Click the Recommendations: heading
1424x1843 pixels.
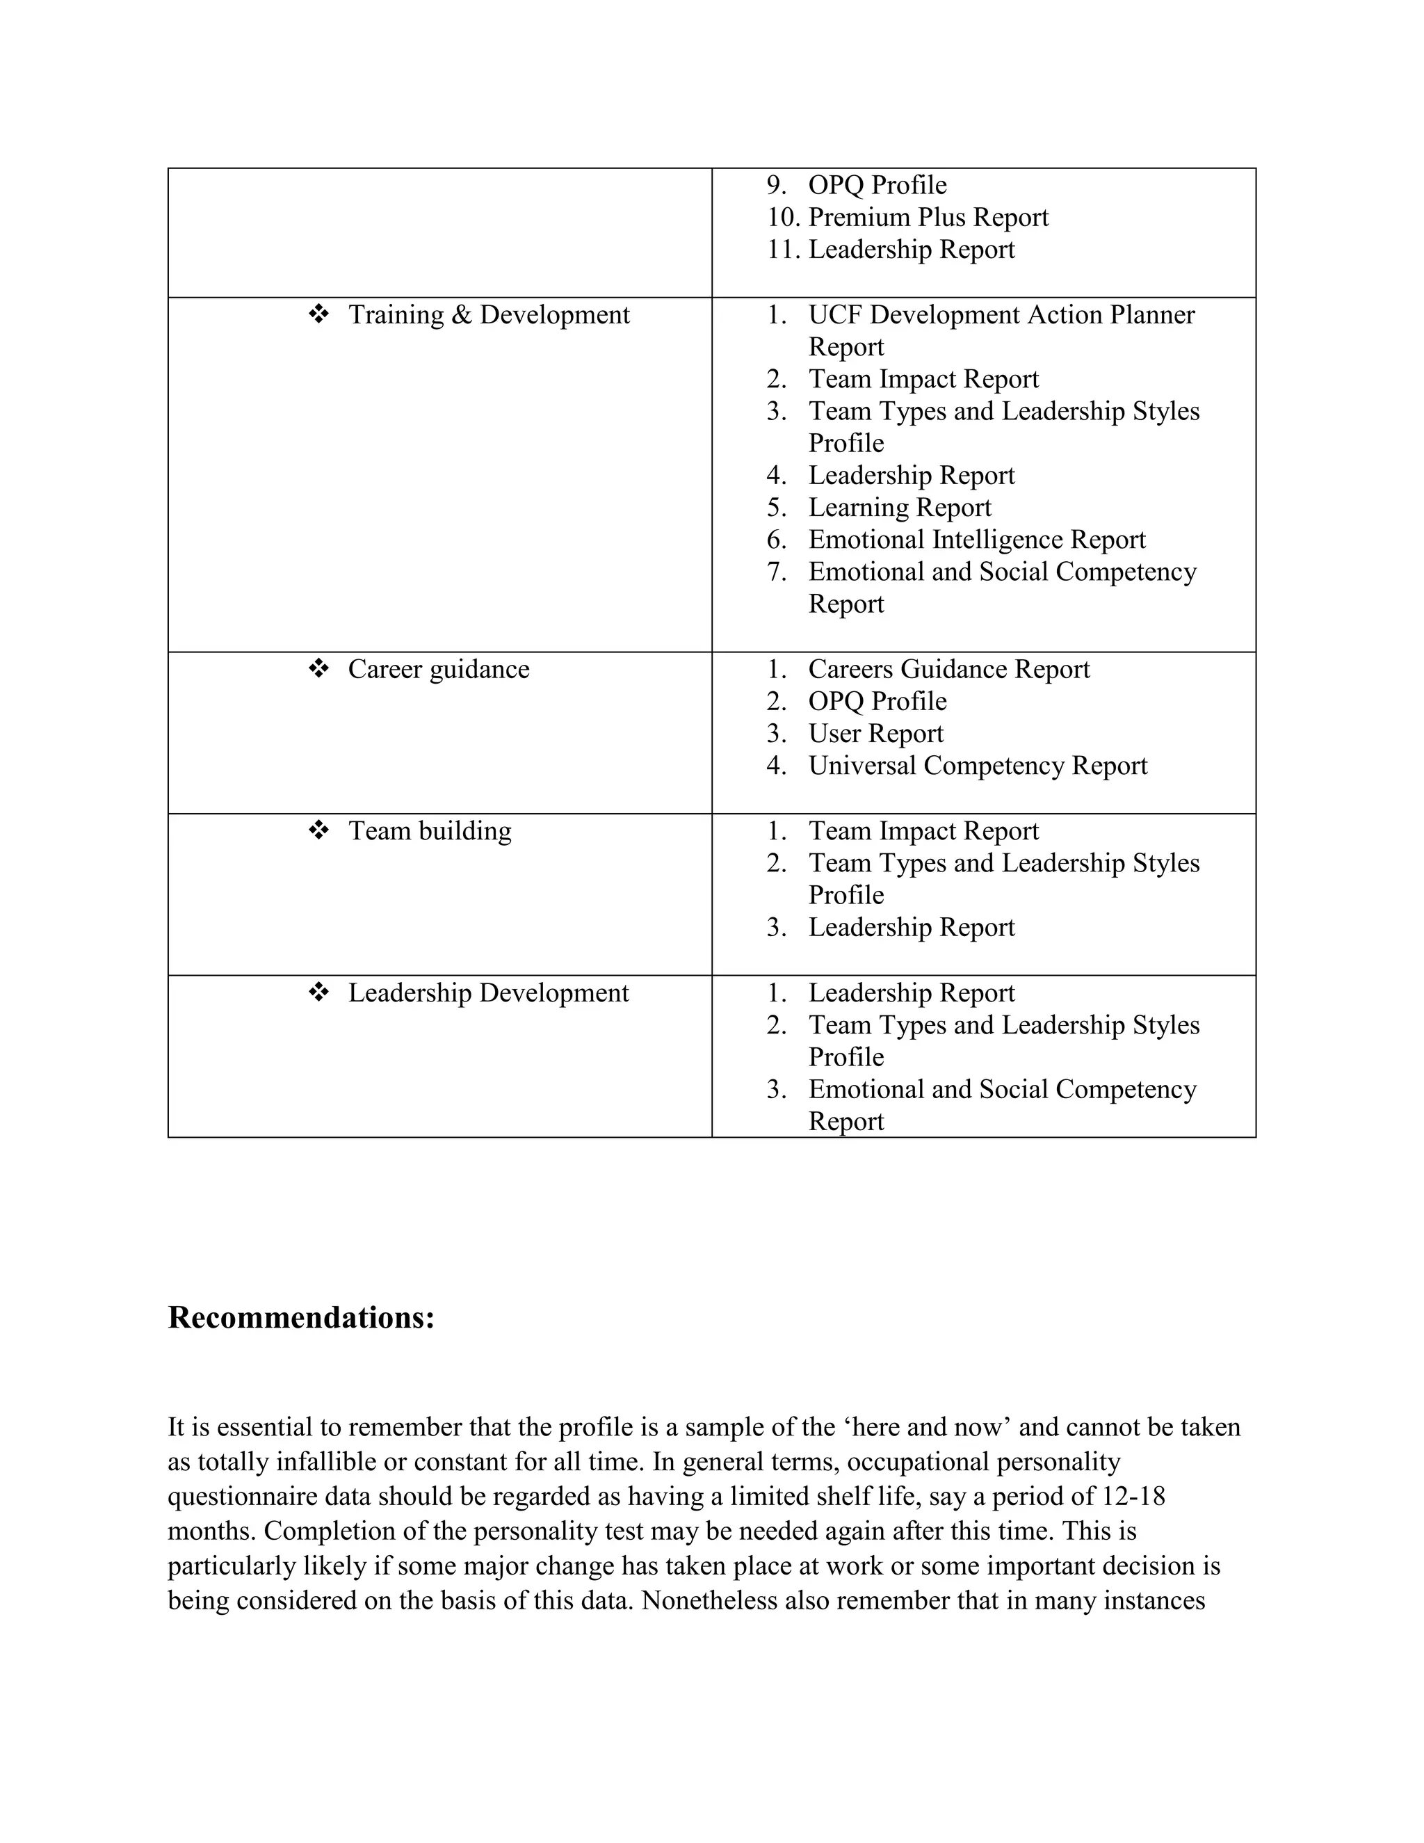(301, 1317)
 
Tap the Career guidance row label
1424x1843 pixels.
(439, 669)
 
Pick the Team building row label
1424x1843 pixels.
(430, 831)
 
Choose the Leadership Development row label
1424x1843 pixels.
(488, 993)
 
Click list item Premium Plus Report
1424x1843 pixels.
(928, 218)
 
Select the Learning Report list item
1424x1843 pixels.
(899, 508)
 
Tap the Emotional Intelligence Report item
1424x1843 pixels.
(977, 540)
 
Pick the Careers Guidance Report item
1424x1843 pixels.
(949, 669)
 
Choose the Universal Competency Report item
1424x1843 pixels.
(978, 766)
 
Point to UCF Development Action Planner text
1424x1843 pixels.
(1001, 315)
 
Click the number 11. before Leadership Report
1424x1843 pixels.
(783, 250)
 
